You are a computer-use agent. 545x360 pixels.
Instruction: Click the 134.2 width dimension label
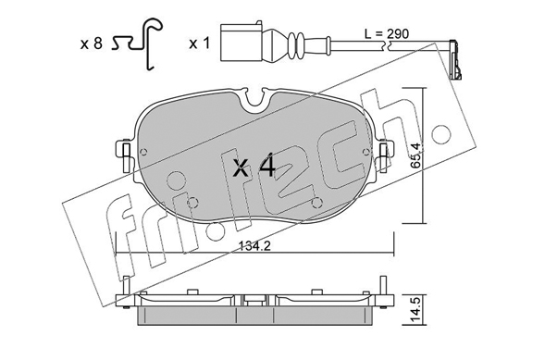tap(254, 246)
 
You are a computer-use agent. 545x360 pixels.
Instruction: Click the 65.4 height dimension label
tap(415, 155)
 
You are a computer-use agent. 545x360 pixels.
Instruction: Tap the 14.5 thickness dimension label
tap(416, 310)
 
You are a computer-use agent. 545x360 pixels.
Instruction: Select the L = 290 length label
tap(387, 33)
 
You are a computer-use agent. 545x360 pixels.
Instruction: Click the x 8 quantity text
tap(92, 44)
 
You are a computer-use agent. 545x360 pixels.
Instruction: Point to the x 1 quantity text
tap(200, 43)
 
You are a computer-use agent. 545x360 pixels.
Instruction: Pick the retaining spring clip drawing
tap(138, 43)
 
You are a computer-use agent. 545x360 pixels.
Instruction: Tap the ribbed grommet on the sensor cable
tap(296, 44)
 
